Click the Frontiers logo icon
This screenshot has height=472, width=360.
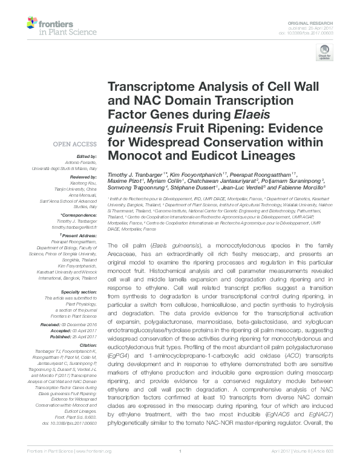(x=31, y=24)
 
